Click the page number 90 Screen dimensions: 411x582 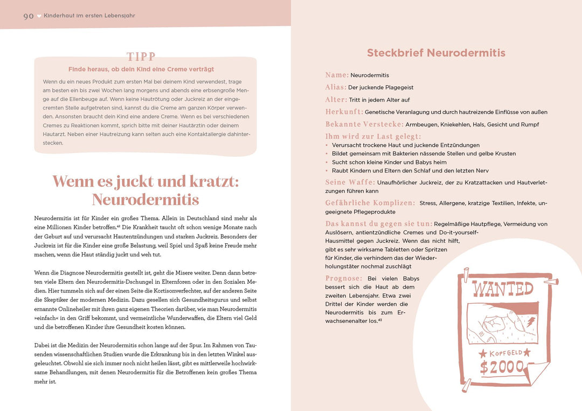click(x=29, y=16)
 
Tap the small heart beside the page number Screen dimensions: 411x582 click(x=39, y=16)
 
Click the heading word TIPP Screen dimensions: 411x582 click(x=141, y=57)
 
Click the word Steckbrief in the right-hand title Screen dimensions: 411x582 click(x=394, y=53)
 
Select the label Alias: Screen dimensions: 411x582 click(x=336, y=87)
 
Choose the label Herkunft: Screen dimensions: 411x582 click(x=344, y=112)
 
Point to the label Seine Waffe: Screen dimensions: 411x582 click(x=350, y=182)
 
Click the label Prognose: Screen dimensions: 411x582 click(x=344, y=278)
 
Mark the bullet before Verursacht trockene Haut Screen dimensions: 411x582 click(x=327, y=145)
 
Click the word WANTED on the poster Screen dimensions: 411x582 click(x=503, y=289)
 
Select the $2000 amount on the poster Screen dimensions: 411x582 click(x=503, y=367)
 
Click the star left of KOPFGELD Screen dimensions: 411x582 click(x=482, y=353)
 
